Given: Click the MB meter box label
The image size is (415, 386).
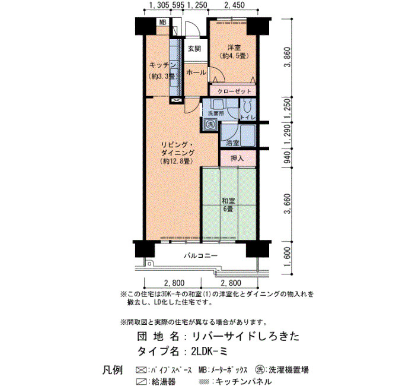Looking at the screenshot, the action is click(x=163, y=23).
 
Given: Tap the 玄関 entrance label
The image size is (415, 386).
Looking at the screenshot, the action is click(x=194, y=49).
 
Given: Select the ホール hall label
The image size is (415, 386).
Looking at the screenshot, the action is click(x=196, y=72).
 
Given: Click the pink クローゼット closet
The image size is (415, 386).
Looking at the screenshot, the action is click(x=233, y=91).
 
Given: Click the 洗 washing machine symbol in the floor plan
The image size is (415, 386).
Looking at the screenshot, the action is click(x=210, y=124).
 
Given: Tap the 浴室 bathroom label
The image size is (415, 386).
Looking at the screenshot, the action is click(x=232, y=143).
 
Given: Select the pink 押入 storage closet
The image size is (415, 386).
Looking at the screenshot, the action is click(x=238, y=159).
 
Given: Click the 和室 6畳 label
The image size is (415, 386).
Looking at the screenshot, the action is click(x=228, y=205).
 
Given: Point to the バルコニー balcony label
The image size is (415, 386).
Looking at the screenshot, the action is click(x=201, y=256).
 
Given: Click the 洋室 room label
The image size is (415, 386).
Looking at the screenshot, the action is click(x=234, y=48).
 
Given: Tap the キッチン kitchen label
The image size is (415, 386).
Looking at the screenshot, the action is click(x=163, y=65).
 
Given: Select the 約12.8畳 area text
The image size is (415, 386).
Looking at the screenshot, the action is click(x=175, y=161).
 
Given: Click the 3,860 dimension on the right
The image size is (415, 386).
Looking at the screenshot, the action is click(x=287, y=57).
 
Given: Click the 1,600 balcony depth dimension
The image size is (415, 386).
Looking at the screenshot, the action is click(x=288, y=258).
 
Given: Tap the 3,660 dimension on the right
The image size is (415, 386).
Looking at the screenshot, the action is click(x=287, y=204).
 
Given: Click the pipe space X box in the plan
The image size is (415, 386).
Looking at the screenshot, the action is click(x=176, y=100).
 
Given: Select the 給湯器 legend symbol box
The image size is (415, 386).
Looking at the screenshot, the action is click(x=141, y=382).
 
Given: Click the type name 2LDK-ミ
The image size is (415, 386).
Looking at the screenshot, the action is click(x=209, y=352).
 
